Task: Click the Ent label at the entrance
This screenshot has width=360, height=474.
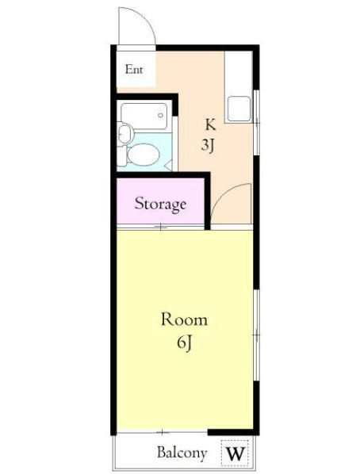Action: click(134, 69)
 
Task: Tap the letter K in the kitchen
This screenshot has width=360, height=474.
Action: click(211, 124)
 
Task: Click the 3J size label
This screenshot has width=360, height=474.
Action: click(208, 145)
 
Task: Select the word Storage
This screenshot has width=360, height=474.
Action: click(160, 204)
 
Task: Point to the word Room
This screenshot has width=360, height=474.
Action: click(184, 319)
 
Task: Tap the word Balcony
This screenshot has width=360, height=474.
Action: click(182, 453)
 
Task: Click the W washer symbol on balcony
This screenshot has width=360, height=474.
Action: click(235, 453)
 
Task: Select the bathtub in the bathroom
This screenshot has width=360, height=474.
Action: click(144, 117)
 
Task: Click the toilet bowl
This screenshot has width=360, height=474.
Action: click(143, 155)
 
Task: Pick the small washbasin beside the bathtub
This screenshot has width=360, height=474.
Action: click(125, 133)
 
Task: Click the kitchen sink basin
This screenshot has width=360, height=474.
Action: click(239, 109)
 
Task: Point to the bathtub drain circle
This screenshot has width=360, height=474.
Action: click(161, 115)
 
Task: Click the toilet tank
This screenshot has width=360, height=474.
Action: click(121, 155)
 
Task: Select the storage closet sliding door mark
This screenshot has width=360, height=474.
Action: click(161, 227)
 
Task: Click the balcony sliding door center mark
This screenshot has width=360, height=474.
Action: click(163, 432)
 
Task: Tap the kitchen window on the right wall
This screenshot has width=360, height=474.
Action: click(257, 122)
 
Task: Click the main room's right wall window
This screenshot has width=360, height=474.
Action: click(257, 335)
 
